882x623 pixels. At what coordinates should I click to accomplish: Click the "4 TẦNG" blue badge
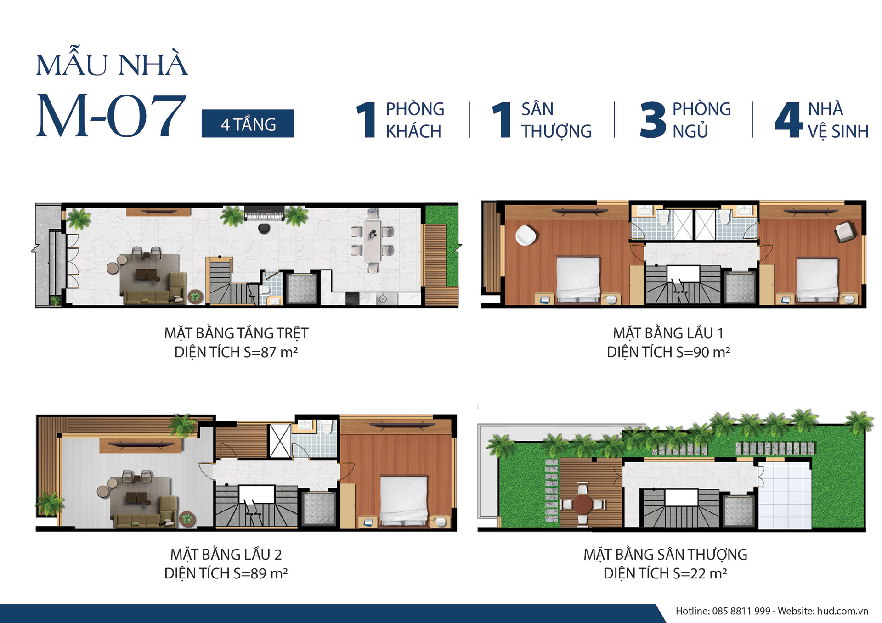[x=248, y=123]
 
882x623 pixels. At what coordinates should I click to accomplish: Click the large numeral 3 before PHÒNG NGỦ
[x=653, y=120]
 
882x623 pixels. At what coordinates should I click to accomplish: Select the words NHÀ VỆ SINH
[x=838, y=120]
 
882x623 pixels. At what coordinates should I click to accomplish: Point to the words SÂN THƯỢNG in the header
[x=556, y=120]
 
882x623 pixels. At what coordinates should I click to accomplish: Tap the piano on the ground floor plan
[x=264, y=213]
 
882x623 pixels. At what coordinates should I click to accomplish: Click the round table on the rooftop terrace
[x=582, y=504]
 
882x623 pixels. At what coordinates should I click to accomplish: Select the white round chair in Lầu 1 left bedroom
[x=526, y=235]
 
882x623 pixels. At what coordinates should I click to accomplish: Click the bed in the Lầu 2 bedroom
[x=404, y=500]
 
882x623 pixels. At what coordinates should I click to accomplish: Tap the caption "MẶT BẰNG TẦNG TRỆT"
[x=236, y=333]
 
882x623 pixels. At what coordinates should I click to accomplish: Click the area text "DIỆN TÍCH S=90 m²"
[x=668, y=352]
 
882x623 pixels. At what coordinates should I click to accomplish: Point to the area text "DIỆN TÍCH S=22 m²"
[x=665, y=573]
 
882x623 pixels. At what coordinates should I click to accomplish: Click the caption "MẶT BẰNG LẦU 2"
[x=226, y=554]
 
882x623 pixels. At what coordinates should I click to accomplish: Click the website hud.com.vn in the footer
[x=842, y=611]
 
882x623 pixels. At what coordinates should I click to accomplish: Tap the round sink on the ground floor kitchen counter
[x=382, y=299]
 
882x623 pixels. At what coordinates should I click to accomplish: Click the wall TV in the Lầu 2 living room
[x=141, y=444]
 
